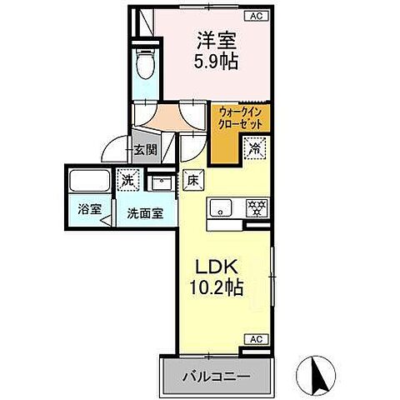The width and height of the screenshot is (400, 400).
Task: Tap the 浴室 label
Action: tap(86, 211)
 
